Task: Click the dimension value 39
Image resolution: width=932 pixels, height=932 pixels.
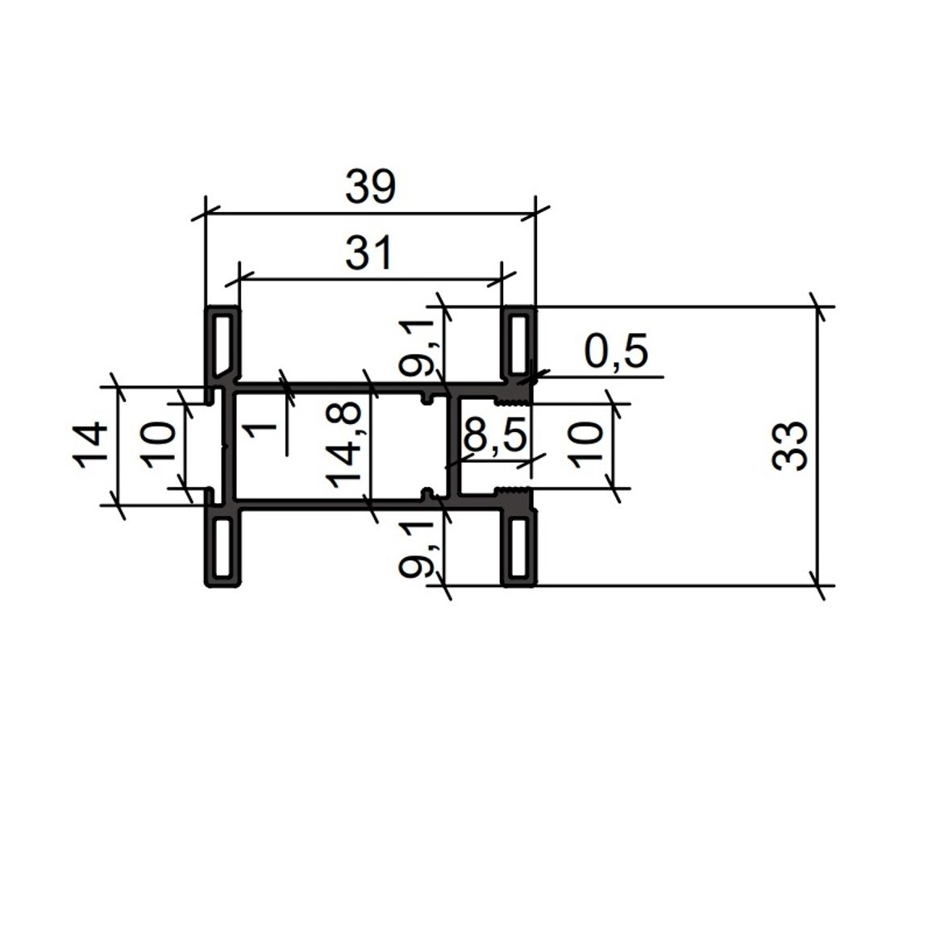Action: (x=370, y=186)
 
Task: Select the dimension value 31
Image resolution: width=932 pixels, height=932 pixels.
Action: (x=369, y=252)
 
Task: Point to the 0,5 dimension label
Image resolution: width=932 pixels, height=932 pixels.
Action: (x=616, y=352)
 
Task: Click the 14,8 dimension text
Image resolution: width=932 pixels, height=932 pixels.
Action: (x=343, y=444)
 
